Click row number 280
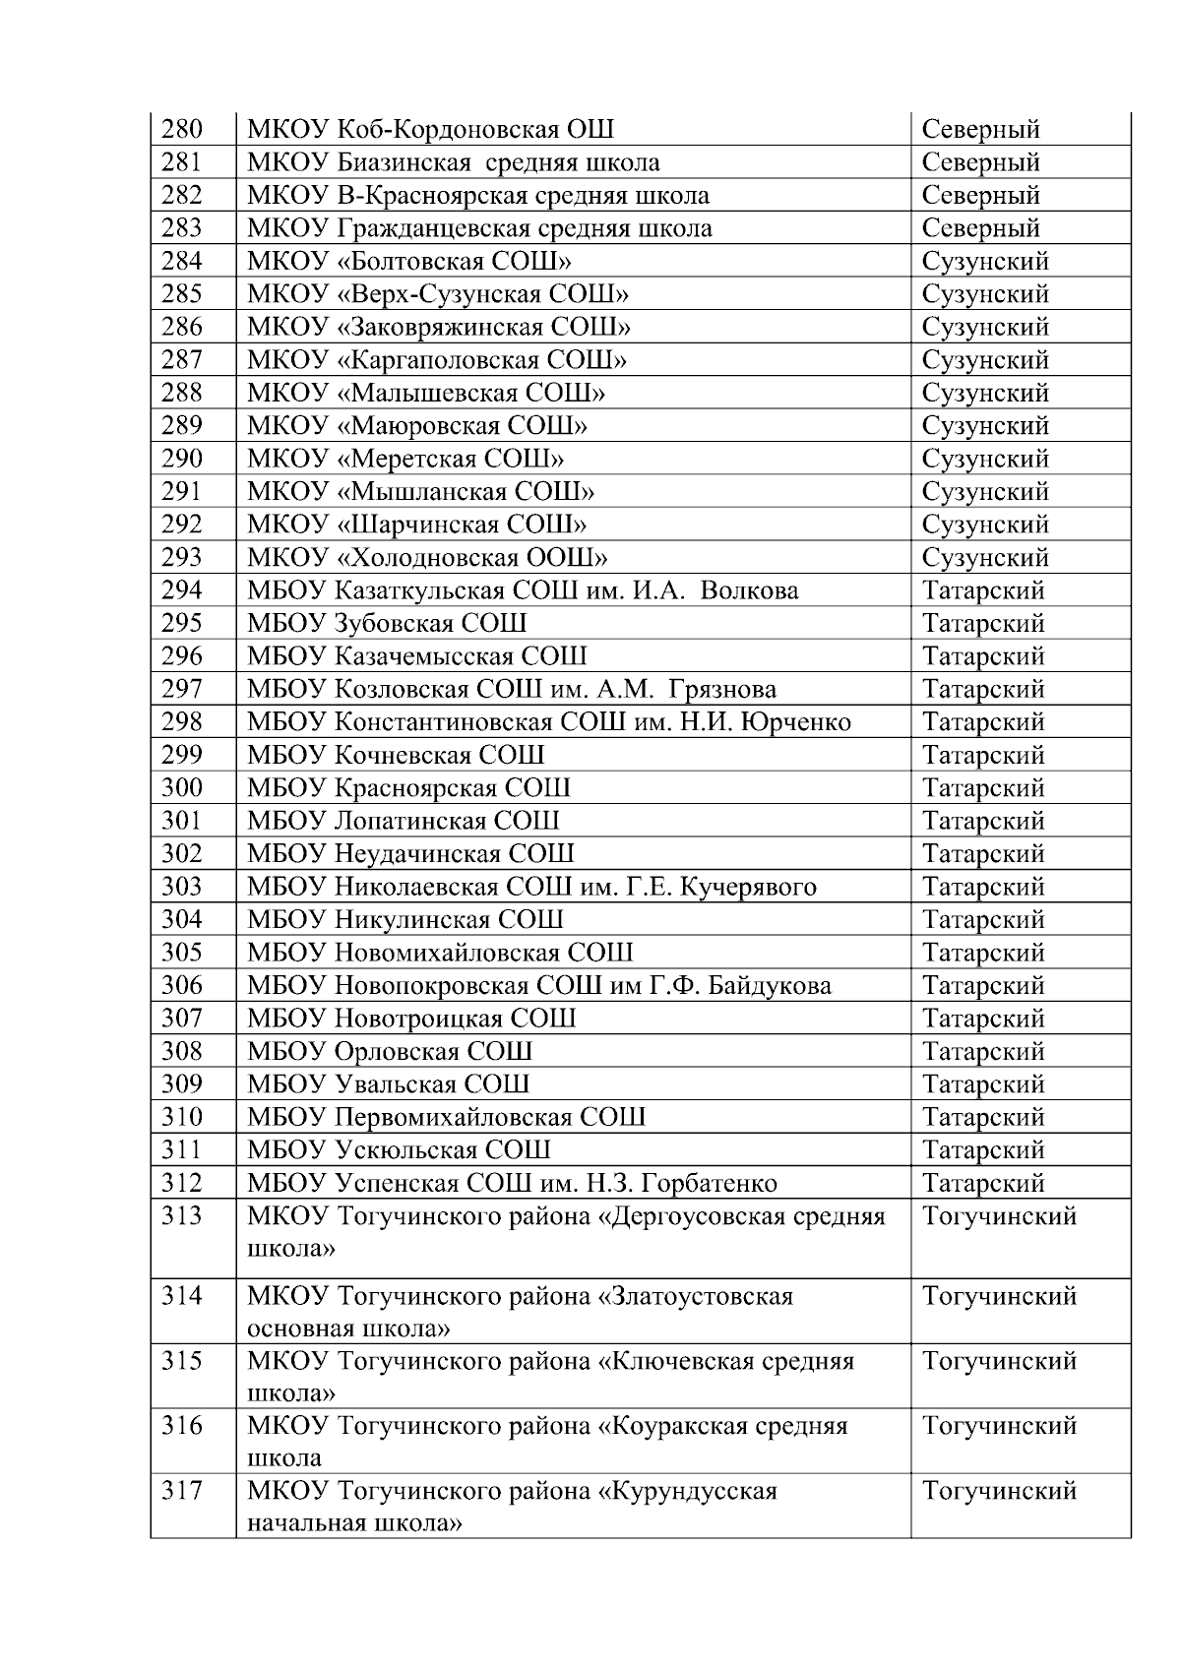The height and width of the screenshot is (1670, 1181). click(x=182, y=129)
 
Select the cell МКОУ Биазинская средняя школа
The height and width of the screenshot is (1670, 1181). click(x=454, y=162)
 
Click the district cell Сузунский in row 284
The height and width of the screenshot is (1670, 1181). click(x=985, y=261)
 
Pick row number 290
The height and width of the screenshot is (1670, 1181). click(x=182, y=459)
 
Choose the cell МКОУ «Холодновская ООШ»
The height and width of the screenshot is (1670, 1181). click(x=427, y=558)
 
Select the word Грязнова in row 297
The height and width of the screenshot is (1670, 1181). click(x=722, y=689)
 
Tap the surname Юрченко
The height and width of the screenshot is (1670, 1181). click(x=794, y=722)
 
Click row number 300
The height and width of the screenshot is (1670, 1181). click(x=182, y=788)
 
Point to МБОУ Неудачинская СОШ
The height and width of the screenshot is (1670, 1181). click(x=410, y=854)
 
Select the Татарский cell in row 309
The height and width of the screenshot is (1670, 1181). click(x=983, y=1084)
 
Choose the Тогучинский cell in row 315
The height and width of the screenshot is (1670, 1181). click(x=999, y=1361)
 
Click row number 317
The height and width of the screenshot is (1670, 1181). click(x=182, y=1491)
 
